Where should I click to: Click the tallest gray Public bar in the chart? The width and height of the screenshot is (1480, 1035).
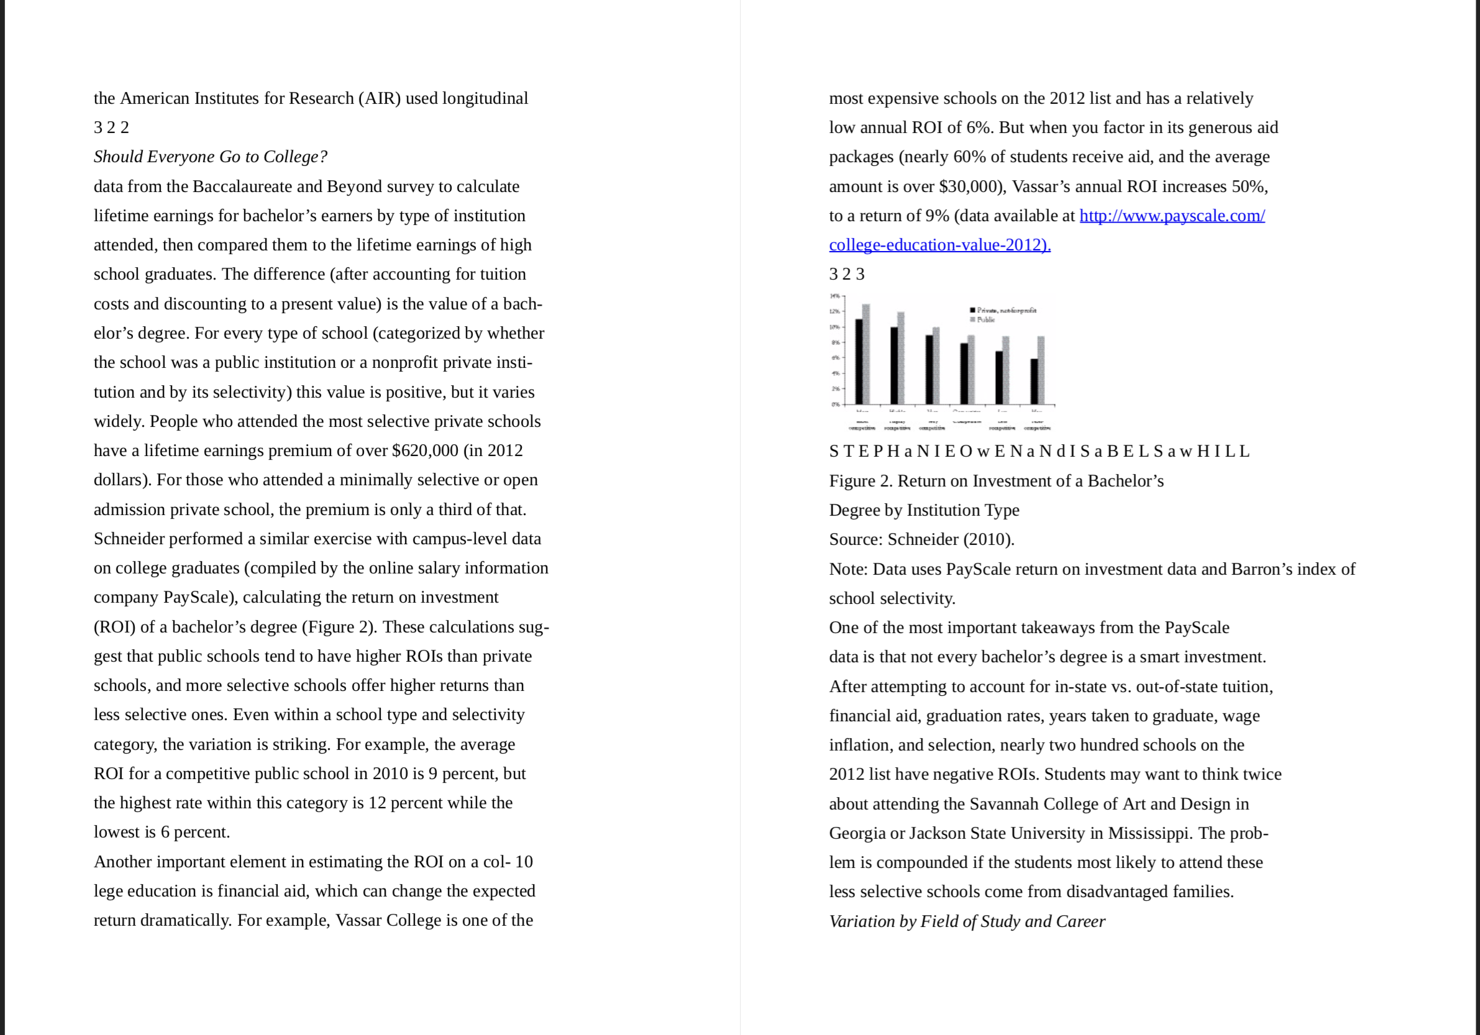click(x=866, y=354)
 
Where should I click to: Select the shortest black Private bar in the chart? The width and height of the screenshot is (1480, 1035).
click(x=1034, y=381)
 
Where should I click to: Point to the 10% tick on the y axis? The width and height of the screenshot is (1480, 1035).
click(x=835, y=327)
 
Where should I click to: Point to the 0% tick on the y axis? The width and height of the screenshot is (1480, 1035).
click(x=835, y=404)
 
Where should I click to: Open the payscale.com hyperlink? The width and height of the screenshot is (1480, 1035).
click(x=1171, y=216)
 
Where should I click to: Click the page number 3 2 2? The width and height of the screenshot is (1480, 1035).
click(x=111, y=127)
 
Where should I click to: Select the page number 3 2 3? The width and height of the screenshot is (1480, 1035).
click(x=846, y=275)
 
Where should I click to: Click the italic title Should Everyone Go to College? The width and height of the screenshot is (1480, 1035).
click(x=210, y=157)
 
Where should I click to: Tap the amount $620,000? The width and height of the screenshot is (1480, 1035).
click(x=425, y=450)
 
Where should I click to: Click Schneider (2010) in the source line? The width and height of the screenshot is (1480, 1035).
click(x=950, y=539)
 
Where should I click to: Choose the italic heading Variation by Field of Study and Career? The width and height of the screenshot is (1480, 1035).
click(x=966, y=921)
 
